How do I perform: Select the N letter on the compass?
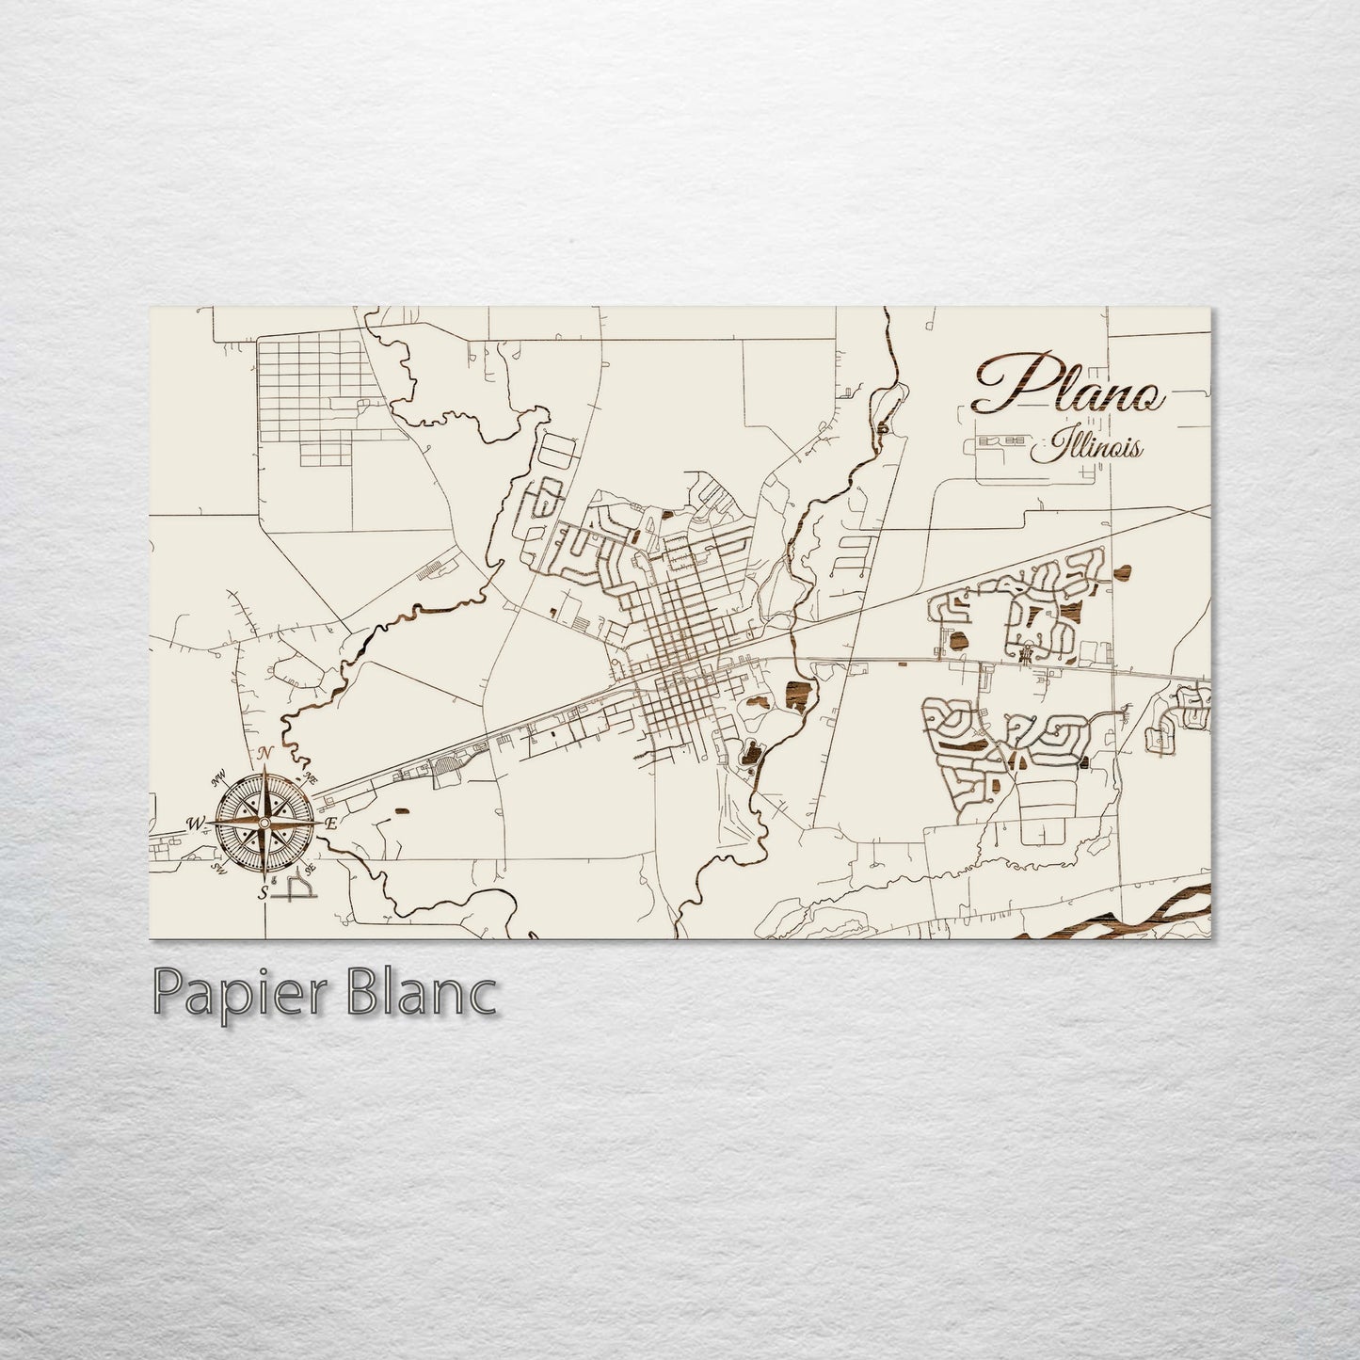(x=265, y=753)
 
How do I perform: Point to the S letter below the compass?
(x=264, y=892)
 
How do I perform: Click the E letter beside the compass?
(x=330, y=824)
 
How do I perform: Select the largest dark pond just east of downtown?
(x=795, y=695)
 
